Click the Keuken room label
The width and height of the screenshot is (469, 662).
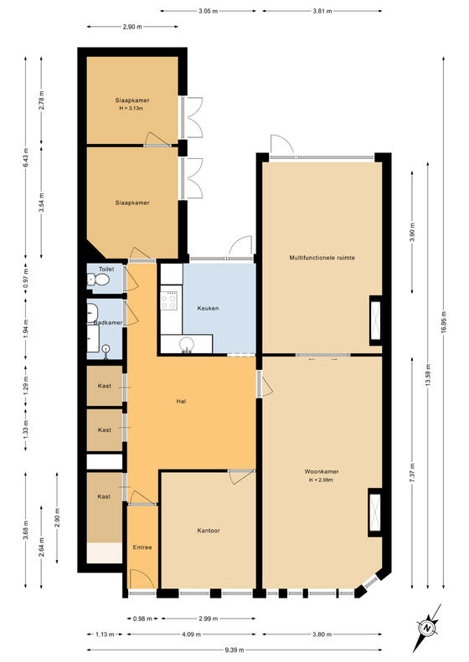click(208, 308)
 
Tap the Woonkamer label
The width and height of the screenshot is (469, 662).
click(322, 471)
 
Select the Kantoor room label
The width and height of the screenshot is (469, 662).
click(209, 531)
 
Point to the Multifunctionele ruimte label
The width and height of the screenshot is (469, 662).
click(322, 258)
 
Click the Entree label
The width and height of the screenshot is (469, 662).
click(142, 547)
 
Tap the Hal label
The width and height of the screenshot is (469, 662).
click(181, 402)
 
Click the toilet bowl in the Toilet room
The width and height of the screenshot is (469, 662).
click(100, 279)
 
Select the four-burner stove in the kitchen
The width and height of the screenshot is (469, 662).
click(169, 300)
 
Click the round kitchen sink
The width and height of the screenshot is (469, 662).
click(186, 345)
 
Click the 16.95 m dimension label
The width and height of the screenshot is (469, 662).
click(443, 322)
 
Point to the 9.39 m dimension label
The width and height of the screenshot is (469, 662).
click(234, 649)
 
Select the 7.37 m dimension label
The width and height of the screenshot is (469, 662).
click(412, 472)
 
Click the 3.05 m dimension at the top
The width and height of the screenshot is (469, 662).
click(208, 11)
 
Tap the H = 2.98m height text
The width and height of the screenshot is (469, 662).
click(321, 480)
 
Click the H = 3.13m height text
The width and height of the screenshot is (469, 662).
click(131, 108)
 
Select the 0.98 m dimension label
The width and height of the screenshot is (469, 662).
click(142, 619)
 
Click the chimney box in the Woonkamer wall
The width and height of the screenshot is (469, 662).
click(374, 512)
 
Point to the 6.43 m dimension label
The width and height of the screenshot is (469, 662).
click(25, 157)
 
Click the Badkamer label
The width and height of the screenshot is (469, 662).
click(108, 322)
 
